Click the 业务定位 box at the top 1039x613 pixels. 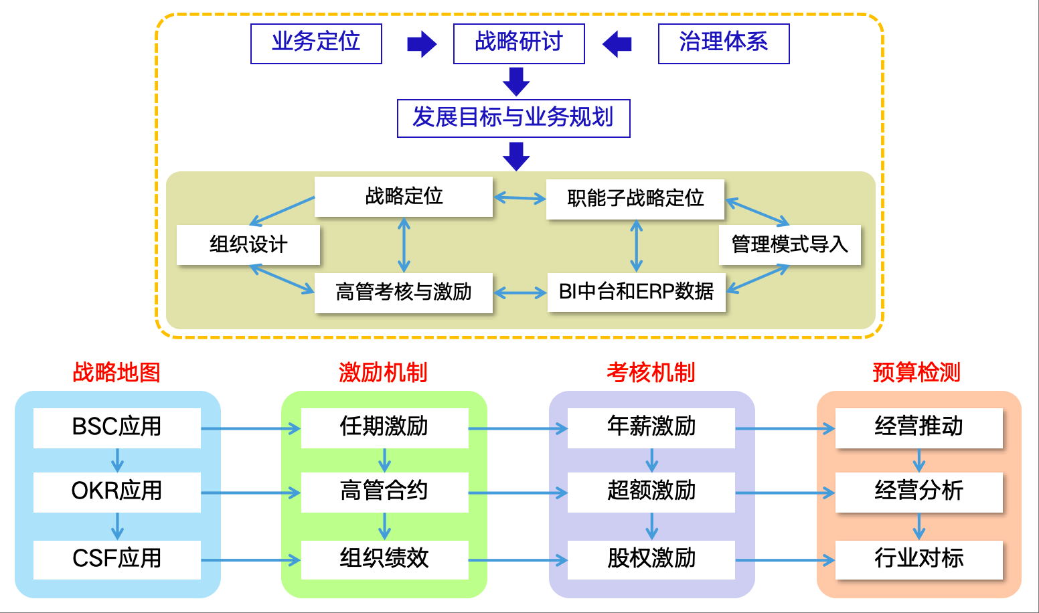316,43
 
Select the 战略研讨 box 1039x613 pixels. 519,43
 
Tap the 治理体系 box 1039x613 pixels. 724,43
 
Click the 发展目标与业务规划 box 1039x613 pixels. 513,118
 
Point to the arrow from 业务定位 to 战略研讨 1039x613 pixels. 422,45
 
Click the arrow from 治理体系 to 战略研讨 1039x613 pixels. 617,45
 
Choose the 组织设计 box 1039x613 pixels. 248,245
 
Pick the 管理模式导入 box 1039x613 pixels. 789,245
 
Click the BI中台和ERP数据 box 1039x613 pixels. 636,292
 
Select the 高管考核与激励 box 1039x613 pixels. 404,292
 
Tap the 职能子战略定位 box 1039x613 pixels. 635,199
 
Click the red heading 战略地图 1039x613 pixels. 116,372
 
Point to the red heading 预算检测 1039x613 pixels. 916,372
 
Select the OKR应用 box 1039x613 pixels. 117,492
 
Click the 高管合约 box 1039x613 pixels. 384,492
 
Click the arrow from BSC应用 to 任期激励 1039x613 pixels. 251,428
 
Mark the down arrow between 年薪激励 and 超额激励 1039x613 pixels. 651,460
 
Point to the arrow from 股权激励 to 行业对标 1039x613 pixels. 785,560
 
